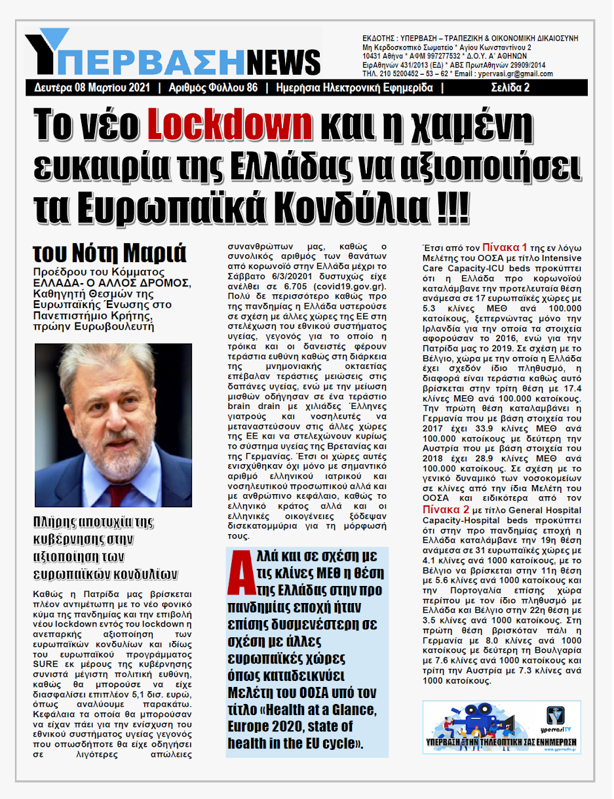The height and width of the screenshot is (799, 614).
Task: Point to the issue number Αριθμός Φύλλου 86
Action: (x=213, y=88)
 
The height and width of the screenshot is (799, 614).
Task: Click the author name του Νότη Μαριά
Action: (x=109, y=252)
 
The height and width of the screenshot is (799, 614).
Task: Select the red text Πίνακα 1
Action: (x=505, y=248)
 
